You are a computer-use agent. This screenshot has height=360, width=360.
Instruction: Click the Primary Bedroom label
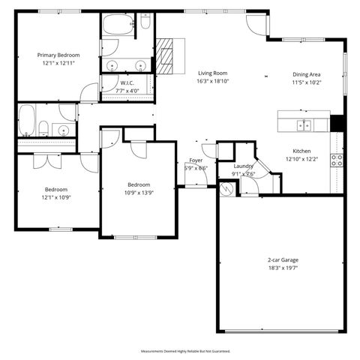[58, 55]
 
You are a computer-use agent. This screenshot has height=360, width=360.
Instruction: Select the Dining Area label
[307, 74]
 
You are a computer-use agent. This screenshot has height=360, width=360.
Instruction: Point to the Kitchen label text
[301, 151]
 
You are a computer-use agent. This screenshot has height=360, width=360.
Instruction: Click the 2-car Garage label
[283, 259]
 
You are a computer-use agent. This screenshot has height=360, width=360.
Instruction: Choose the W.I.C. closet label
[127, 82]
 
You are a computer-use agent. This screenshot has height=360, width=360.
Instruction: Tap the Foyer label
[196, 160]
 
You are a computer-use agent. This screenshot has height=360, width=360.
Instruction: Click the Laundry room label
[244, 166]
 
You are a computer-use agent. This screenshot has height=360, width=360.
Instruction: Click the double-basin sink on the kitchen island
[304, 124]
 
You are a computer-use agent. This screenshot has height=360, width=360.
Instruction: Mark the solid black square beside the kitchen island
[337, 124]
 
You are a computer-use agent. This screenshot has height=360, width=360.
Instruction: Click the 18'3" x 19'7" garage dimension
[283, 268]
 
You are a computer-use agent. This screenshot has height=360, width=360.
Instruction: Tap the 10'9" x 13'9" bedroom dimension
[139, 192]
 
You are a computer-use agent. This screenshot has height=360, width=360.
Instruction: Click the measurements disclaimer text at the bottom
[184, 350]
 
